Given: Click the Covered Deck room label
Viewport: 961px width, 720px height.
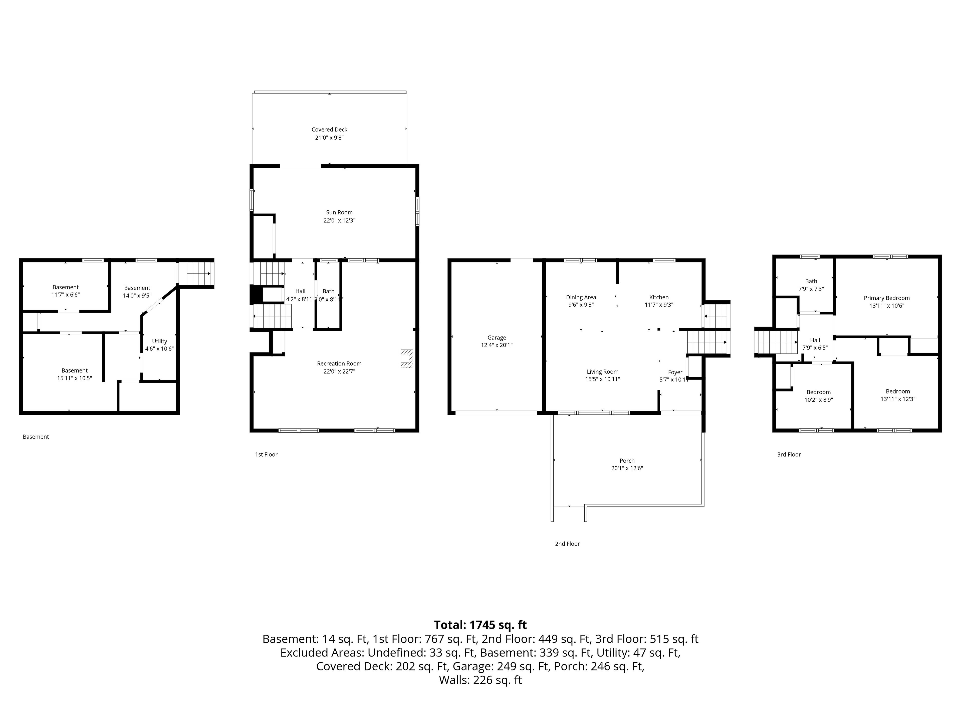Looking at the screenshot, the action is pyautogui.click(x=329, y=129).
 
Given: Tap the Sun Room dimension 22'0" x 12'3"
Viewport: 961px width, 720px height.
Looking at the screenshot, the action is pyautogui.click(x=339, y=220).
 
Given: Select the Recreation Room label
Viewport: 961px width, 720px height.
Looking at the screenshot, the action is pyautogui.click(x=339, y=364).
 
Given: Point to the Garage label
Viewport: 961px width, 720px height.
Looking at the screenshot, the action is pyautogui.click(x=497, y=338).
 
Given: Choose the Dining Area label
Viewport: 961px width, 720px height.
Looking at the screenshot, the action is pyautogui.click(x=581, y=297).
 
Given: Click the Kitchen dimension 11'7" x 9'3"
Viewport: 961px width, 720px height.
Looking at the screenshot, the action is pyautogui.click(x=659, y=305).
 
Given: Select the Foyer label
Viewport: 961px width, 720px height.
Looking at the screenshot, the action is pyautogui.click(x=675, y=372).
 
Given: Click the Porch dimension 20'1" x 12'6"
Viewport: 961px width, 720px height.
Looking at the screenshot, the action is pyautogui.click(x=627, y=468).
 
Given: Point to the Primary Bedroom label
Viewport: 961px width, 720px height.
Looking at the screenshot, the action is pyautogui.click(x=887, y=298).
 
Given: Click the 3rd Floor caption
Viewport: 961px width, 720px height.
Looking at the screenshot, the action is pyautogui.click(x=789, y=454).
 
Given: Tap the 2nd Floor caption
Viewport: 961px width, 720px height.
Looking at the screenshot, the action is pyautogui.click(x=567, y=544).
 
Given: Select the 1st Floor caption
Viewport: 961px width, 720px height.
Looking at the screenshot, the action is pyautogui.click(x=266, y=454).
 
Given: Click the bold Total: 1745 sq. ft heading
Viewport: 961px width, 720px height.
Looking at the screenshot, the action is pyautogui.click(x=480, y=625).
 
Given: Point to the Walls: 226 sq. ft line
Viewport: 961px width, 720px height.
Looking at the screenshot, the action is pyautogui.click(x=480, y=680).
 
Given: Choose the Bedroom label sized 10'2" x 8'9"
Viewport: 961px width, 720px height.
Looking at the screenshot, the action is pyautogui.click(x=819, y=392).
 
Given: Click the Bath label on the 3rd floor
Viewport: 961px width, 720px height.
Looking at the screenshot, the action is pyautogui.click(x=811, y=281).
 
